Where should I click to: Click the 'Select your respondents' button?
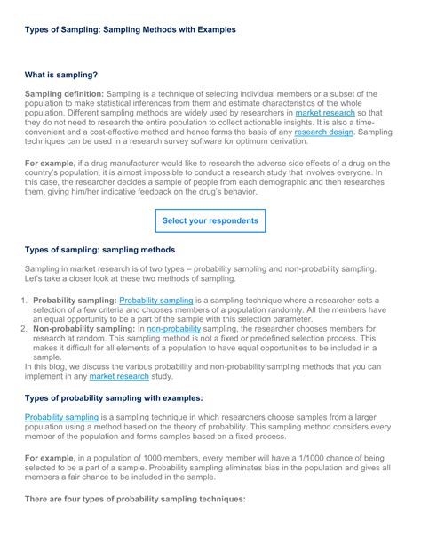point(210,220)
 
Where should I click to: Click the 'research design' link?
point(323,132)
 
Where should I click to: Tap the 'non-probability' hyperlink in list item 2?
point(174,329)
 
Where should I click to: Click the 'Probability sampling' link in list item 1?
point(155,301)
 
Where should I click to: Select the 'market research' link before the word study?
point(119,376)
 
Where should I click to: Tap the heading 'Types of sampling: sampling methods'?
point(99,250)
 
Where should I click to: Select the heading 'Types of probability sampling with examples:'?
point(114,397)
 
